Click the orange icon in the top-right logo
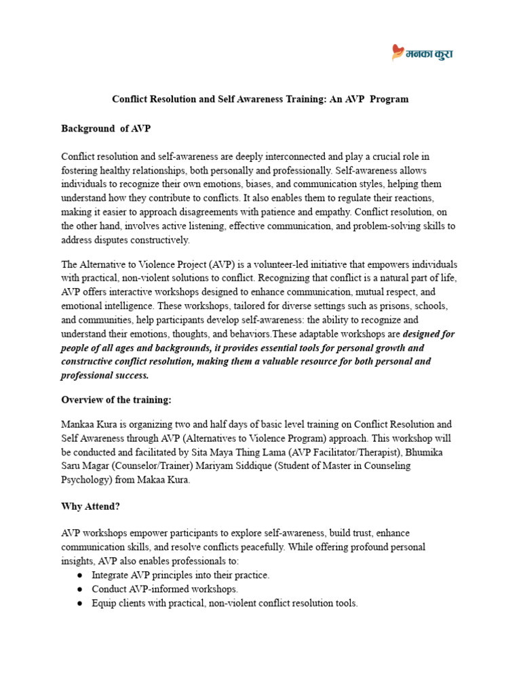[x=398, y=52]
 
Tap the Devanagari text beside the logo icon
[x=429, y=53]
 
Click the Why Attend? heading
[x=91, y=506]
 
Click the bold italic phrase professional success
[x=104, y=375]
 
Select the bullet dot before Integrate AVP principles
[x=79, y=575]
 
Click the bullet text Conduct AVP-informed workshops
[x=165, y=589]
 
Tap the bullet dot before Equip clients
[x=79, y=603]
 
